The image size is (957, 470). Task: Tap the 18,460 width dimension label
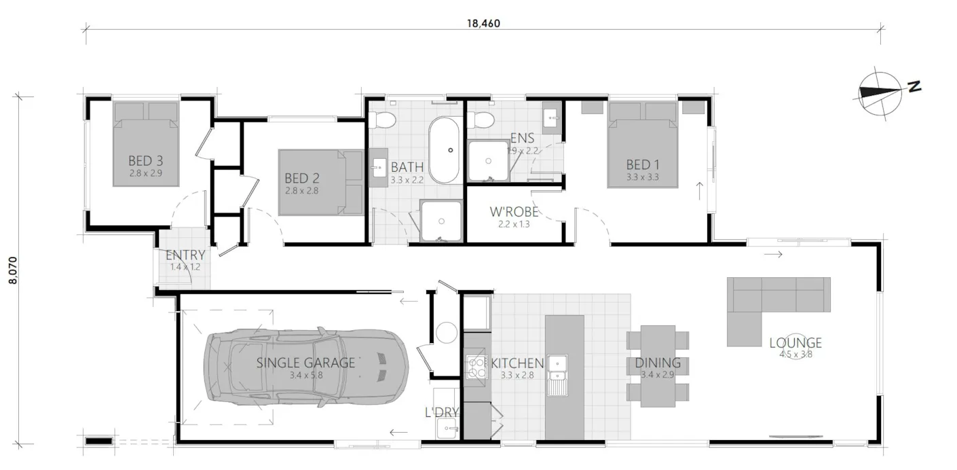(483, 22)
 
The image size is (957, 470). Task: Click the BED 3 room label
(145, 162)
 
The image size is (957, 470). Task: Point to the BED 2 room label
(301, 179)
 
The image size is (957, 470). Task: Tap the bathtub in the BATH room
(445, 150)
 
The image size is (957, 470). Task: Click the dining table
(658, 365)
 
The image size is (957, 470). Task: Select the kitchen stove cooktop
(476, 367)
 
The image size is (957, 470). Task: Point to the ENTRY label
(185, 255)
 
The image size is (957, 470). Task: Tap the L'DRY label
(442, 412)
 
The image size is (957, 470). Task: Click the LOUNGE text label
(795, 343)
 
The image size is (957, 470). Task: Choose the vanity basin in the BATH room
(378, 167)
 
